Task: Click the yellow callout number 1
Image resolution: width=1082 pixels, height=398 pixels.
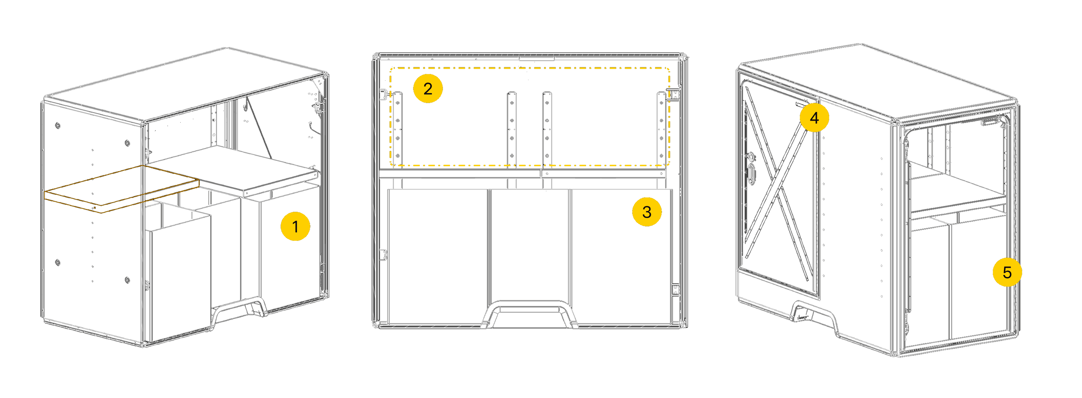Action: coord(295,226)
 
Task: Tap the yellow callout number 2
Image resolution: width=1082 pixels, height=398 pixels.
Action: coord(428,89)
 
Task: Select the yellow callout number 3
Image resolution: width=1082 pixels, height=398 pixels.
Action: coord(647,212)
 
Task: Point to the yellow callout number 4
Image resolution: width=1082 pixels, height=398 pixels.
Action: coord(815,118)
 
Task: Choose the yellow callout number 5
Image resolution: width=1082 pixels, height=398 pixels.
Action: coord(1007,272)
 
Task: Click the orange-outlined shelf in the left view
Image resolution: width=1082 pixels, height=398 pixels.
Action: coord(122,189)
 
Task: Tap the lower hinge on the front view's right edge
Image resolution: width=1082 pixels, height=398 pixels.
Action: coord(675,290)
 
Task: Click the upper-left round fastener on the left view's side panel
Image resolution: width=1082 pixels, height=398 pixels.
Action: coord(58,125)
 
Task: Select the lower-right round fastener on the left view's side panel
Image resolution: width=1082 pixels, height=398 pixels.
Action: coord(128,280)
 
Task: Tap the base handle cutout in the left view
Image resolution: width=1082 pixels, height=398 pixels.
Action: coord(239,309)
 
